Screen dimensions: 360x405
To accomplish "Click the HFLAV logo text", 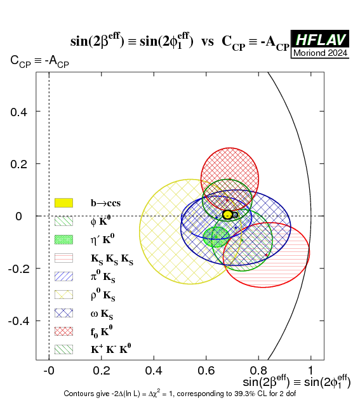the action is [x=320, y=40].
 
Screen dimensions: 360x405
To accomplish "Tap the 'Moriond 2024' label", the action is [x=320, y=53].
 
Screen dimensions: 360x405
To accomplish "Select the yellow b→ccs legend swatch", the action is [x=63, y=202].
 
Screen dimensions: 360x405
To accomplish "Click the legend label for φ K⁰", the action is [x=100, y=222].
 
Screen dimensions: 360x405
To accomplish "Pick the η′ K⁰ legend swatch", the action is [x=63, y=239].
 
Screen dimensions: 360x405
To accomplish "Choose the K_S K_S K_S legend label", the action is [x=112, y=259].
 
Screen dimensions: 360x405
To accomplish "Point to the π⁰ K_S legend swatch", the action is [x=63, y=276].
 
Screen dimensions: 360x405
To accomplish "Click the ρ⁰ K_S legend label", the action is [x=103, y=295].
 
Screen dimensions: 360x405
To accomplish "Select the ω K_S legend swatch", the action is [x=63, y=313].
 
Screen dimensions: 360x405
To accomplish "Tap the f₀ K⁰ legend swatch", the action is [x=63, y=331].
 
